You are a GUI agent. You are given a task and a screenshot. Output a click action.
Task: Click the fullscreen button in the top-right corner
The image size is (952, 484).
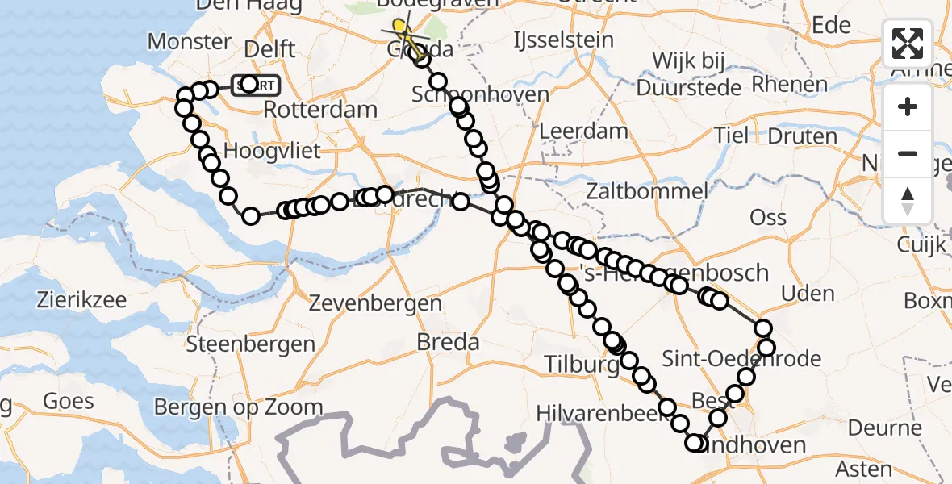908,44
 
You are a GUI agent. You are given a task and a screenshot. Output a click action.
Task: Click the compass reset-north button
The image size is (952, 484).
908,201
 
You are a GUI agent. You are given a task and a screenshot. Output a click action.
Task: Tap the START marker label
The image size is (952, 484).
257,85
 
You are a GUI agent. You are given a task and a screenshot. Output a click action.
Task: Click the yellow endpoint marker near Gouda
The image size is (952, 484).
399,27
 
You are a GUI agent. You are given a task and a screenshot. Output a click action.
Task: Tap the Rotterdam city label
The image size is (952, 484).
320,110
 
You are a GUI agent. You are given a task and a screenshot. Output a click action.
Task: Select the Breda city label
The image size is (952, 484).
448,342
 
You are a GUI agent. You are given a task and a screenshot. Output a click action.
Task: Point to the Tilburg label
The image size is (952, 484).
581,363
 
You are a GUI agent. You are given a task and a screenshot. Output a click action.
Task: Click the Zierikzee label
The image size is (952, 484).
81,301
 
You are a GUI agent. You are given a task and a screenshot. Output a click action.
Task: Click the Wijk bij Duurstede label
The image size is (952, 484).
689,73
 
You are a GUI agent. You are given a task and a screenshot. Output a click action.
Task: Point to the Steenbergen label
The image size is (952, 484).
250,345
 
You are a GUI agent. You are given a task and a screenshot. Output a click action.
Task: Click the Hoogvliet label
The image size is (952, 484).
272,151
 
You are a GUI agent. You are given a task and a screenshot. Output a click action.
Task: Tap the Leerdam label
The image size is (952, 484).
583,131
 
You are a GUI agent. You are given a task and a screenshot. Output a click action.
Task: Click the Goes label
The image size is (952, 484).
69,401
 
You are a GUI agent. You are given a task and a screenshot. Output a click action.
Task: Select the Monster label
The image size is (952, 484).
189,42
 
